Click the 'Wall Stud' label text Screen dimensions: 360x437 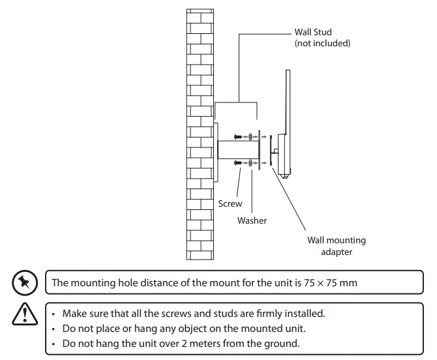[x=313, y=31]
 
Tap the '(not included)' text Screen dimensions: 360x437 [x=323, y=43]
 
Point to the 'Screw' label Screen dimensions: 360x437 [x=230, y=203]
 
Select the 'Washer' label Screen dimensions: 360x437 [x=252, y=220]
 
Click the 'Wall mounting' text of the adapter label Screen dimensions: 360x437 [x=337, y=240]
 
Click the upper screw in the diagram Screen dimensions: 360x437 [x=239, y=137]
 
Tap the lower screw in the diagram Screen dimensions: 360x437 [x=239, y=162]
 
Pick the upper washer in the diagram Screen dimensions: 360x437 [x=250, y=137]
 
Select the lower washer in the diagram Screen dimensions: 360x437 [x=250, y=162]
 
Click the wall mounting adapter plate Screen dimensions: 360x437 [x=260, y=150]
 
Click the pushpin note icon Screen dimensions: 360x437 [x=23, y=282]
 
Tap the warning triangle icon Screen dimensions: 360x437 [x=23, y=314]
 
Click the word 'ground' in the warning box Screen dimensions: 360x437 [x=285, y=343]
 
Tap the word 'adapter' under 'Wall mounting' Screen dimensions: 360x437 [x=337, y=252]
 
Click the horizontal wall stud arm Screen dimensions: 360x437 [x=237, y=150]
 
